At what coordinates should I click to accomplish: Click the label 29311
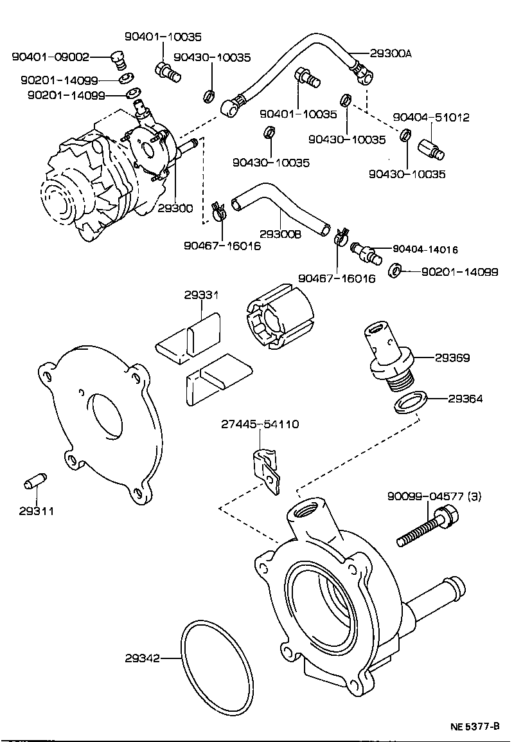coord(36,511)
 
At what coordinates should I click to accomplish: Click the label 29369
coord(452,357)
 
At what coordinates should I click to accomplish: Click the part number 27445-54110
coord(260,424)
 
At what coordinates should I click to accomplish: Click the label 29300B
coord(280,235)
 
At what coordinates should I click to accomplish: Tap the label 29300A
coord(391,54)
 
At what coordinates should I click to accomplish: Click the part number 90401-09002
coord(50,58)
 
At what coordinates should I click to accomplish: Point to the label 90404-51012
coord(431,118)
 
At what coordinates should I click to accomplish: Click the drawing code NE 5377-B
coord(474,727)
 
